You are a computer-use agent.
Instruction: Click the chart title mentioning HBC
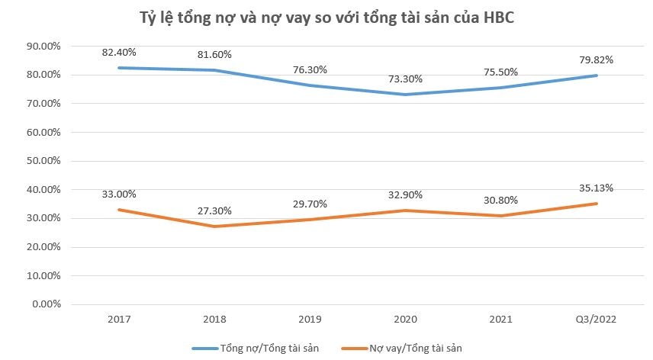[326, 18]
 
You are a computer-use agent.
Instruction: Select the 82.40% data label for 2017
[119, 52]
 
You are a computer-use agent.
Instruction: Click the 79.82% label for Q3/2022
[597, 59]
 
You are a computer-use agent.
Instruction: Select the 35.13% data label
[597, 188]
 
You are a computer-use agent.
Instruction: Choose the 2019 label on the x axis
[310, 320]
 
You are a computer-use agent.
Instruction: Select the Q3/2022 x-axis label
[596, 320]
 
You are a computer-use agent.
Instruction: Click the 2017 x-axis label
[119, 320]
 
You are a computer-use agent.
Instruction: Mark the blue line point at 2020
[405, 95]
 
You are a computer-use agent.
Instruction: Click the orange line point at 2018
[214, 227]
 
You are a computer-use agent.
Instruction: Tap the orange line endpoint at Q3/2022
[597, 204]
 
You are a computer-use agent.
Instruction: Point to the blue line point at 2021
[500, 88]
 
